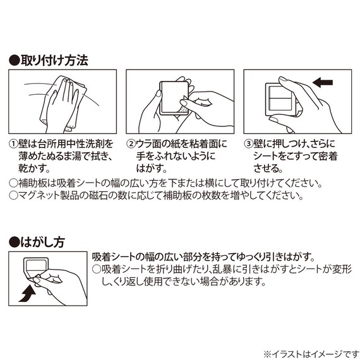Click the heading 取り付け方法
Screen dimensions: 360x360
coord(53,61)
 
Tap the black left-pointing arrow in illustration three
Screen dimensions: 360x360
coord(323,82)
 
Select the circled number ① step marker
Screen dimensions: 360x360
coord(14,145)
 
